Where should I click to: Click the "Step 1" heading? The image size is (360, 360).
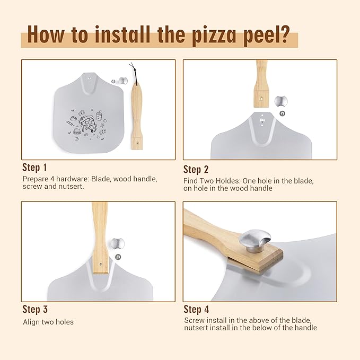(x=38, y=167)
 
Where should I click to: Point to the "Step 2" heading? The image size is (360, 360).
(x=200, y=169)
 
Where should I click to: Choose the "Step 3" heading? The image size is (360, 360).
(x=38, y=309)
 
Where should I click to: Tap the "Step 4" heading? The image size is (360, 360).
(x=200, y=309)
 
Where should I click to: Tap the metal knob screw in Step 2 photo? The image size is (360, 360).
(x=281, y=101)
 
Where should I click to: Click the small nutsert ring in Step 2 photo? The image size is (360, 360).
(x=282, y=113)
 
